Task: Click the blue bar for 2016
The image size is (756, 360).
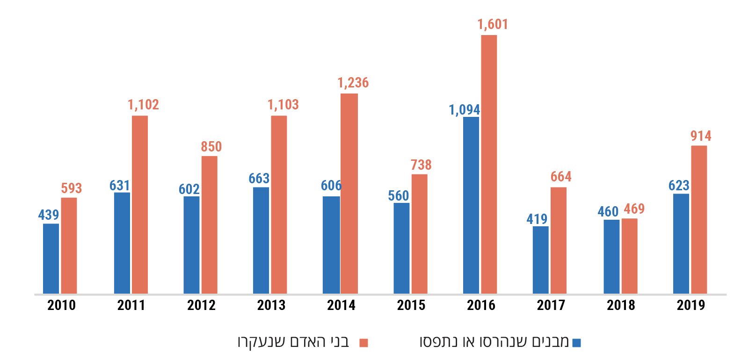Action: tap(471, 205)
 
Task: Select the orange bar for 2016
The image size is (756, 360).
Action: tap(489, 164)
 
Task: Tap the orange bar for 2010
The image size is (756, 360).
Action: tap(69, 245)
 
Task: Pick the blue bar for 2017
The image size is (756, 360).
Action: tap(540, 260)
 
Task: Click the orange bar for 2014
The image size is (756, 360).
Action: tap(349, 194)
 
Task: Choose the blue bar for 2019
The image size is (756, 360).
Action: tap(681, 244)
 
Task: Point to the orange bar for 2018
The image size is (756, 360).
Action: tap(629, 256)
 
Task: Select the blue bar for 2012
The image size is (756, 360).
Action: tap(191, 245)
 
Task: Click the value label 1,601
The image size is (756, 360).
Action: tap(492, 24)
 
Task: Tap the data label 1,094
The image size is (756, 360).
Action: tap(464, 110)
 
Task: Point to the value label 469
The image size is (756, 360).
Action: tap(634, 209)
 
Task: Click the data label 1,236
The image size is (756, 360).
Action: tap(353, 83)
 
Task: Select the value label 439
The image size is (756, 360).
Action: tap(49, 215)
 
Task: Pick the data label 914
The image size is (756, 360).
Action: tap(701, 136)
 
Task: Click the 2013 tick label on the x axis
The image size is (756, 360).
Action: tap(271, 305)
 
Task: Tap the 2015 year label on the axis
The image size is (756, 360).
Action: tap(411, 305)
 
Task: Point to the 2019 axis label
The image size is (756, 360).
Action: tap(691, 305)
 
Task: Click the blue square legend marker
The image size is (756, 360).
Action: tap(576, 343)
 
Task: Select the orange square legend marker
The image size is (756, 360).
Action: tap(363, 343)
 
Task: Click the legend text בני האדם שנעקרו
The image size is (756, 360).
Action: tap(293, 342)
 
